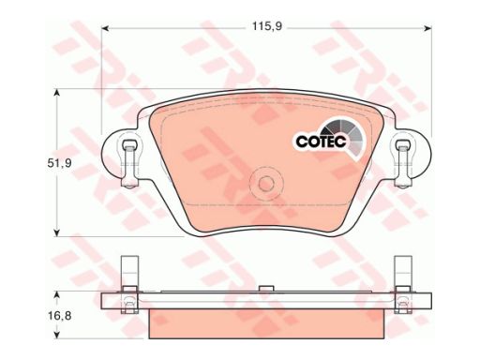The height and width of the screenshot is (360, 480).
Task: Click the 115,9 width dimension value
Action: click(x=267, y=27)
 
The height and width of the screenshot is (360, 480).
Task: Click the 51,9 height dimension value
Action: click(x=60, y=163)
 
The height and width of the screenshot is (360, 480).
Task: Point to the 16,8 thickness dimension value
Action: click(x=60, y=316)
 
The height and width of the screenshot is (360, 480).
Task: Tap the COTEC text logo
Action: click(x=322, y=142)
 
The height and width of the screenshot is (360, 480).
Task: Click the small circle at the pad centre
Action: click(x=266, y=183)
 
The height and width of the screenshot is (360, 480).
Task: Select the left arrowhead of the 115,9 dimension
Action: click(x=106, y=28)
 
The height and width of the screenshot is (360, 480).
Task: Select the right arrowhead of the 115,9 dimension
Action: click(x=427, y=28)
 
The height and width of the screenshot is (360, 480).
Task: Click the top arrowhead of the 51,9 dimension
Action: click(x=56, y=93)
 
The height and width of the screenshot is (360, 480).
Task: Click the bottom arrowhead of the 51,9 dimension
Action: click(x=56, y=232)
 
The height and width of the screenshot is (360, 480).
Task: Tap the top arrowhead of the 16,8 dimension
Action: click(x=56, y=295)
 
